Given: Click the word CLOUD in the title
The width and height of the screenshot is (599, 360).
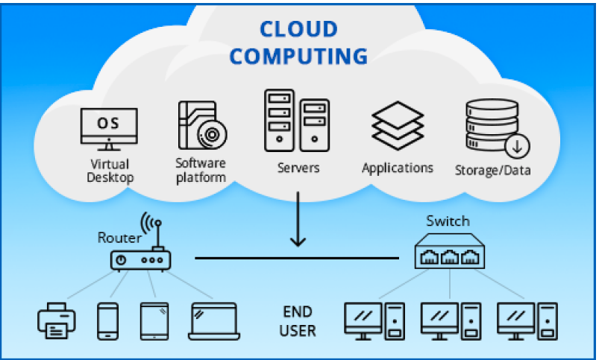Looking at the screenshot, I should pyautogui.click(x=298, y=30).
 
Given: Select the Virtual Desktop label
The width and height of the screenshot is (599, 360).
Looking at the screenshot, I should pyautogui.click(x=110, y=171).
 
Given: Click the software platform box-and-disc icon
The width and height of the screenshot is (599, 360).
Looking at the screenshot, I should pyautogui.click(x=201, y=125).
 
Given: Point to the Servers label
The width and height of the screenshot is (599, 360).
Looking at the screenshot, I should pyautogui.click(x=298, y=168).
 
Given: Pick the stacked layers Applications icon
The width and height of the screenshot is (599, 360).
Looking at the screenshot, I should pyautogui.click(x=397, y=124).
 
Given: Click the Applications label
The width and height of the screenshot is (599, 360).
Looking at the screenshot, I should pyautogui.click(x=397, y=168).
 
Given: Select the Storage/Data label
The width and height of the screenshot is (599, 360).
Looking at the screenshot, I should pyautogui.click(x=493, y=171).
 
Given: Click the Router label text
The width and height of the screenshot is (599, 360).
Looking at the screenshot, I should pyautogui.click(x=119, y=239).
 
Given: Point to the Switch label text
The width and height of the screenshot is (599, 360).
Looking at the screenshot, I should pyautogui.click(x=448, y=221).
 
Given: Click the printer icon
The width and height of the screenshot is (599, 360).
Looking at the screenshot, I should pyautogui.click(x=57, y=320).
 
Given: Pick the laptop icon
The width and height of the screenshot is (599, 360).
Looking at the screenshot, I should pyautogui.click(x=213, y=320).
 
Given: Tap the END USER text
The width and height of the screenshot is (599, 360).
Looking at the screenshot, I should pyautogui.click(x=298, y=320).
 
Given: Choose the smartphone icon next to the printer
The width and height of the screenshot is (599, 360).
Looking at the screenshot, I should pyautogui.click(x=108, y=320).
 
